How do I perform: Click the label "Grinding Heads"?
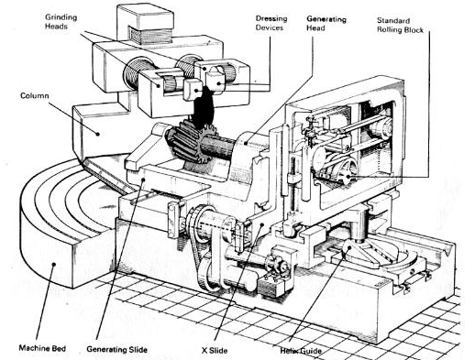point(61,22)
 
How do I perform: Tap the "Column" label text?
point(34,95)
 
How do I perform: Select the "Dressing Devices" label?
point(271,23)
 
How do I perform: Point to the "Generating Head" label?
point(326,24)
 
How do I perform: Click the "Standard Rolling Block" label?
point(400,26)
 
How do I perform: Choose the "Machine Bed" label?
point(42,348)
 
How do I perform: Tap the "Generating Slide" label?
point(116,349)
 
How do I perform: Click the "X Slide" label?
point(215,350)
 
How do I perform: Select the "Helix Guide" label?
point(301,351)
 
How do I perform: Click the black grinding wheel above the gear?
point(203,108)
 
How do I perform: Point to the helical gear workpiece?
point(187,141)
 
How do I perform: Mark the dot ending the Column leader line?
point(98,134)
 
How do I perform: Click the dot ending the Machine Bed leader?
point(54,265)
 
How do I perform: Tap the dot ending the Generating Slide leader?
point(143,180)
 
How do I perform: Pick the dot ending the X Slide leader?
point(262,225)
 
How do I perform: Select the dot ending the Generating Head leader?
point(246,142)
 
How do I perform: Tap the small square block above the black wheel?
point(193,89)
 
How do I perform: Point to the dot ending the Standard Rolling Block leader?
point(348,177)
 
